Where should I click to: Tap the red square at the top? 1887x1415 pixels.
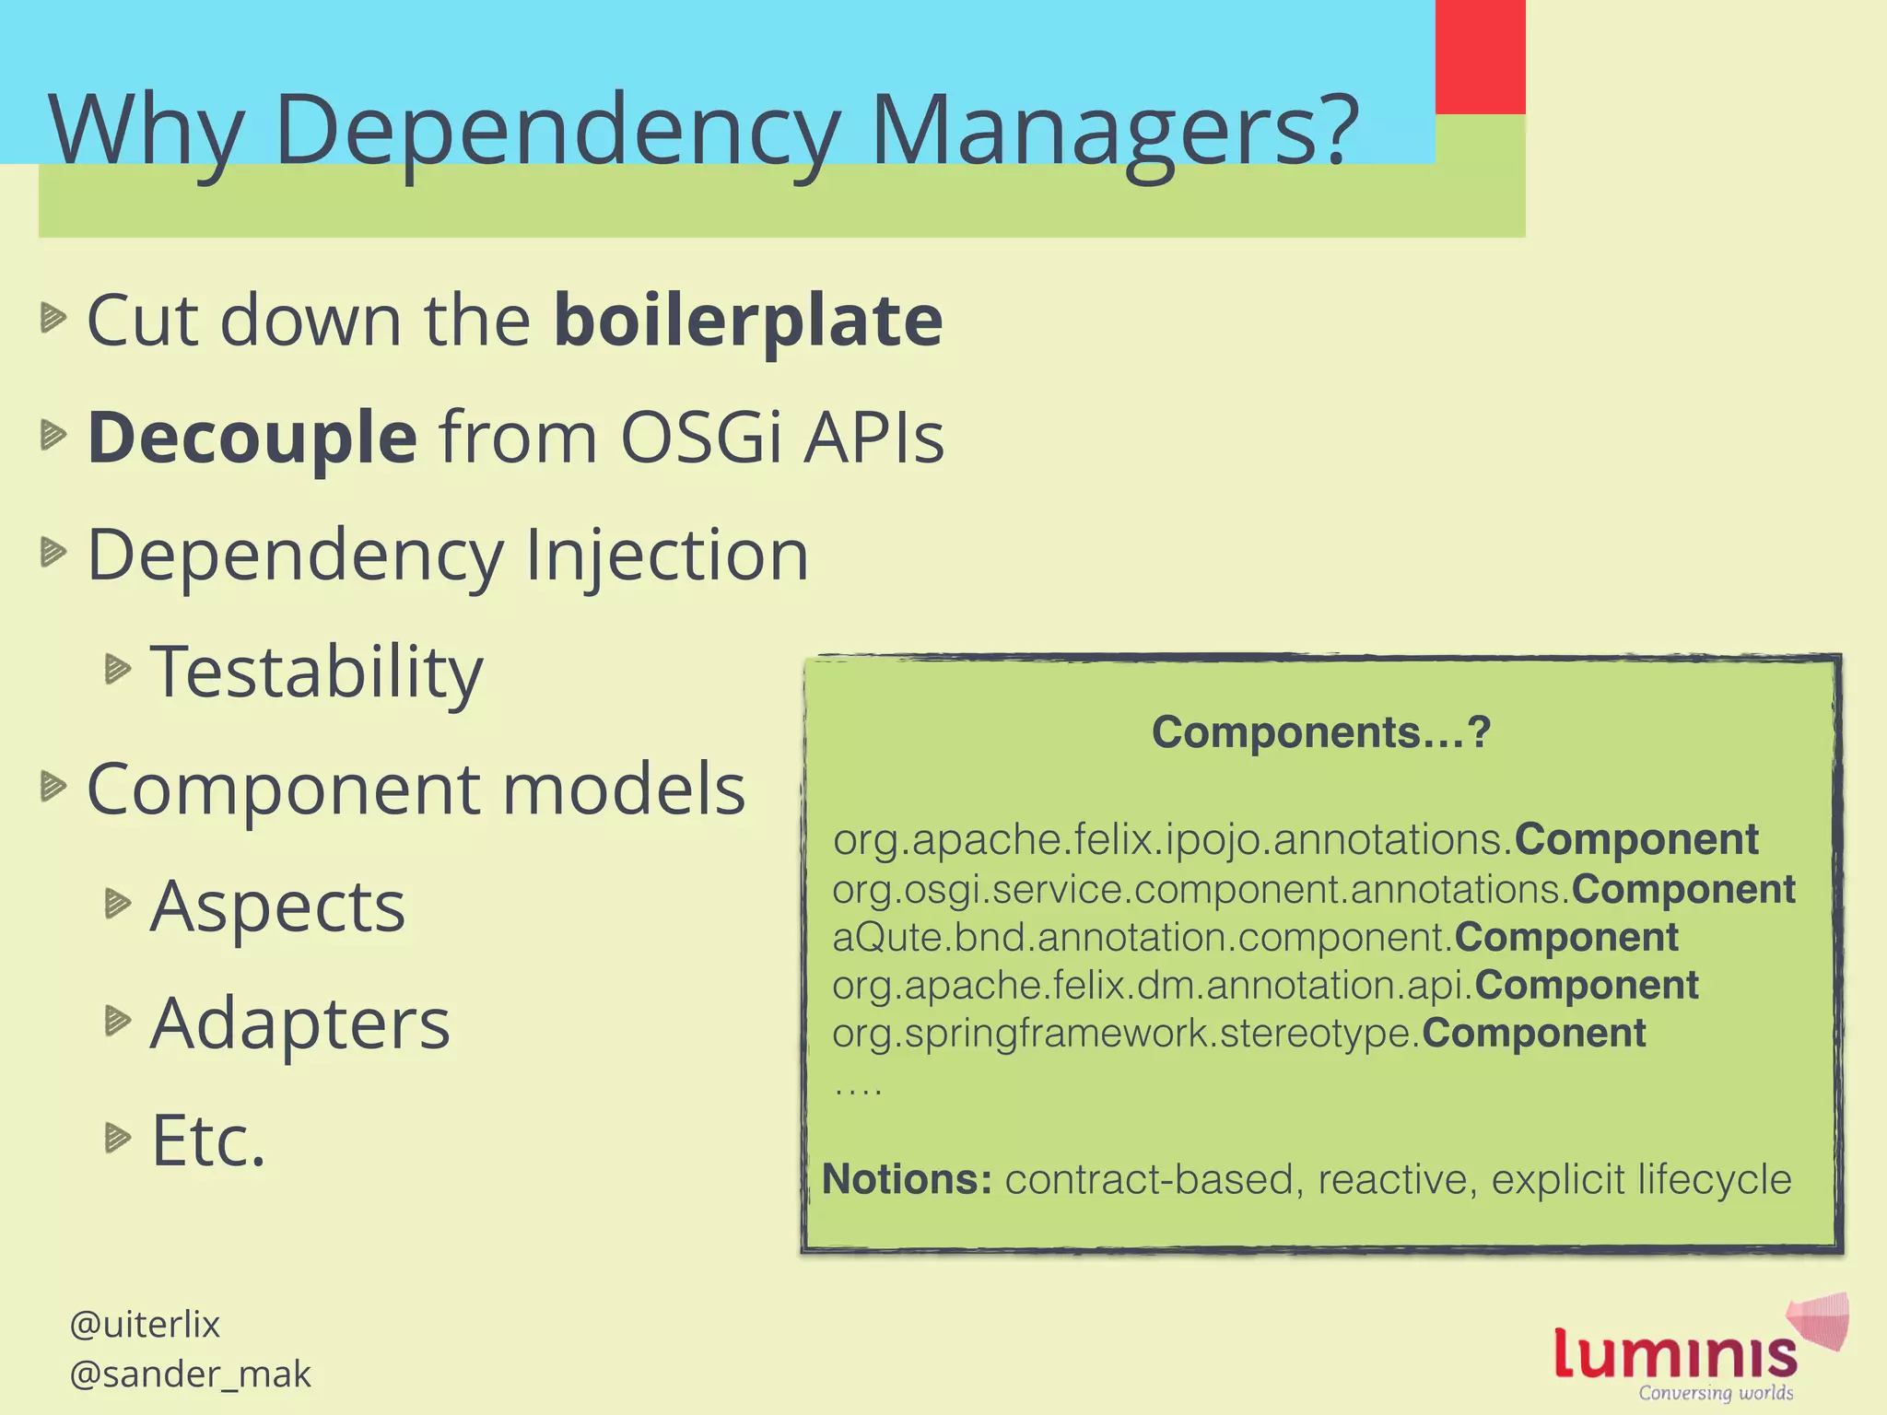point(1480,56)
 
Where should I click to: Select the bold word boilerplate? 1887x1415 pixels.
point(748,321)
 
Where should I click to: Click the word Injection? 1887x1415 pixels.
point(666,555)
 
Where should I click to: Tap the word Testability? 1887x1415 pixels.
point(316,672)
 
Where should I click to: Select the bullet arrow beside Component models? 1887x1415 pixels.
point(54,787)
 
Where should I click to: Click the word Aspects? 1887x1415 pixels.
point(277,906)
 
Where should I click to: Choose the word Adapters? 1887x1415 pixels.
point(300,1023)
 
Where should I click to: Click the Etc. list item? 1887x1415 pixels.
point(208,1140)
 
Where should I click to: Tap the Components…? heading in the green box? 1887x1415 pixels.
point(1320,732)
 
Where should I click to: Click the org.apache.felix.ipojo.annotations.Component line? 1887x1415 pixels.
point(1295,839)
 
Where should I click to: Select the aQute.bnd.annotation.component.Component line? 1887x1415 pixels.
point(1255,937)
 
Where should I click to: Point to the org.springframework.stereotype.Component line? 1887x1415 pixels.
point(1238,1033)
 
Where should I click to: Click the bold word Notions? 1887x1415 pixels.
point(907,1179)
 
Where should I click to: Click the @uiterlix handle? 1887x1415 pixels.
point(145,1324)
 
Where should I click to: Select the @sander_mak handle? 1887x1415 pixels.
point(190,1374)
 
